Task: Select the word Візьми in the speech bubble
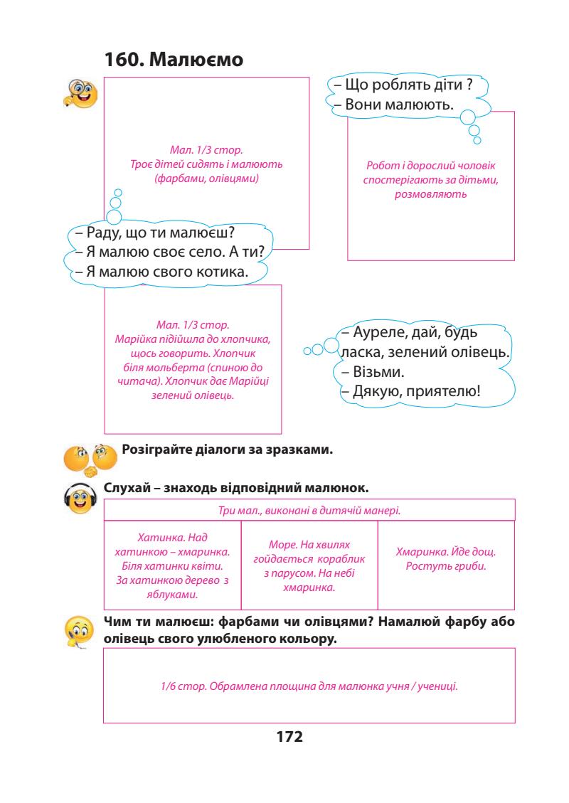coord(363,372)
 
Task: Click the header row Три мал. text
coord(309,510)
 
